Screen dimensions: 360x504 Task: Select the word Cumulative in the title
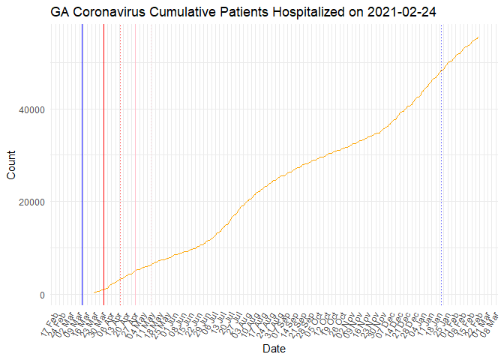pos(181,13)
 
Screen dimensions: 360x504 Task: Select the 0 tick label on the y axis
pos(42,295)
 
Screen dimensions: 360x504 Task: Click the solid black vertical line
pos(82,165)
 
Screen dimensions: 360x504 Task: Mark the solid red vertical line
pos(103,165)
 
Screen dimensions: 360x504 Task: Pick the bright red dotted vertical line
pos(120,165)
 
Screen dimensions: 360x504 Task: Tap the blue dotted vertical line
pos(441,165)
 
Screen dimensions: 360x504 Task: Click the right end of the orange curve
pos(478,37)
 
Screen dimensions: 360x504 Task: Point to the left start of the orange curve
pos(94,292)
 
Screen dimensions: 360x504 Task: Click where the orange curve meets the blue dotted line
pos(441,70)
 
